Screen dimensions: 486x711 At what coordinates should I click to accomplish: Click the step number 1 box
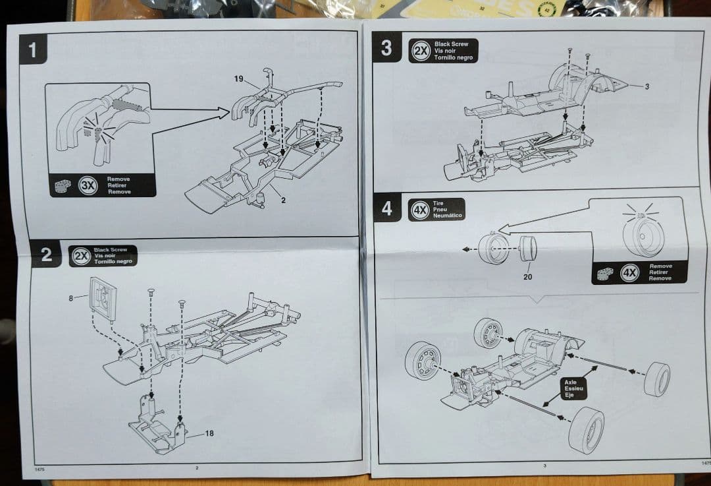(x=33, y=50)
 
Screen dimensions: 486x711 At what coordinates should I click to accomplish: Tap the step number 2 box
(x=46, y=255)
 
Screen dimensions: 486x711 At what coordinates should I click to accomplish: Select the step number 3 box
(x=386, y=47)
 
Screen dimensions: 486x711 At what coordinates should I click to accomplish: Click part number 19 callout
(x=238, y=78)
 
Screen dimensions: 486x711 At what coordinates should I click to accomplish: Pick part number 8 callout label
(x=71, y=297)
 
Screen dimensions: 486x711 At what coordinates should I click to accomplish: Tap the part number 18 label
(x=209, y=433)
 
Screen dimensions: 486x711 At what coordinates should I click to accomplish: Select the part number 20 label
(x=527, y=277)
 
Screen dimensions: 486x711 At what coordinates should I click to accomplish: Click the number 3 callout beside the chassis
(x=646, y=86)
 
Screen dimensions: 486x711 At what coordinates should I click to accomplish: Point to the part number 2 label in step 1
(x=283, y=200)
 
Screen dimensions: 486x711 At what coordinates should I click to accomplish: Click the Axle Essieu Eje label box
(x=569, y=388)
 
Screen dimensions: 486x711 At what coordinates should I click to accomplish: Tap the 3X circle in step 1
(x=88, y=185)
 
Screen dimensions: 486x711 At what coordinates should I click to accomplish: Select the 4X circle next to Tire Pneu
(x=419, y=209)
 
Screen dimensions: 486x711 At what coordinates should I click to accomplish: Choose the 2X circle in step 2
(x=81, y=255)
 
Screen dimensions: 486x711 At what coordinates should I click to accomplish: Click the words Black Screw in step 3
(x=451, y=44)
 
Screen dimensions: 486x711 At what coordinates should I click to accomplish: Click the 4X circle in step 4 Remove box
(x=630, y=272)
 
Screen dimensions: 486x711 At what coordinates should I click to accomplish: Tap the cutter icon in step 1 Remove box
(x=65, y=186)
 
